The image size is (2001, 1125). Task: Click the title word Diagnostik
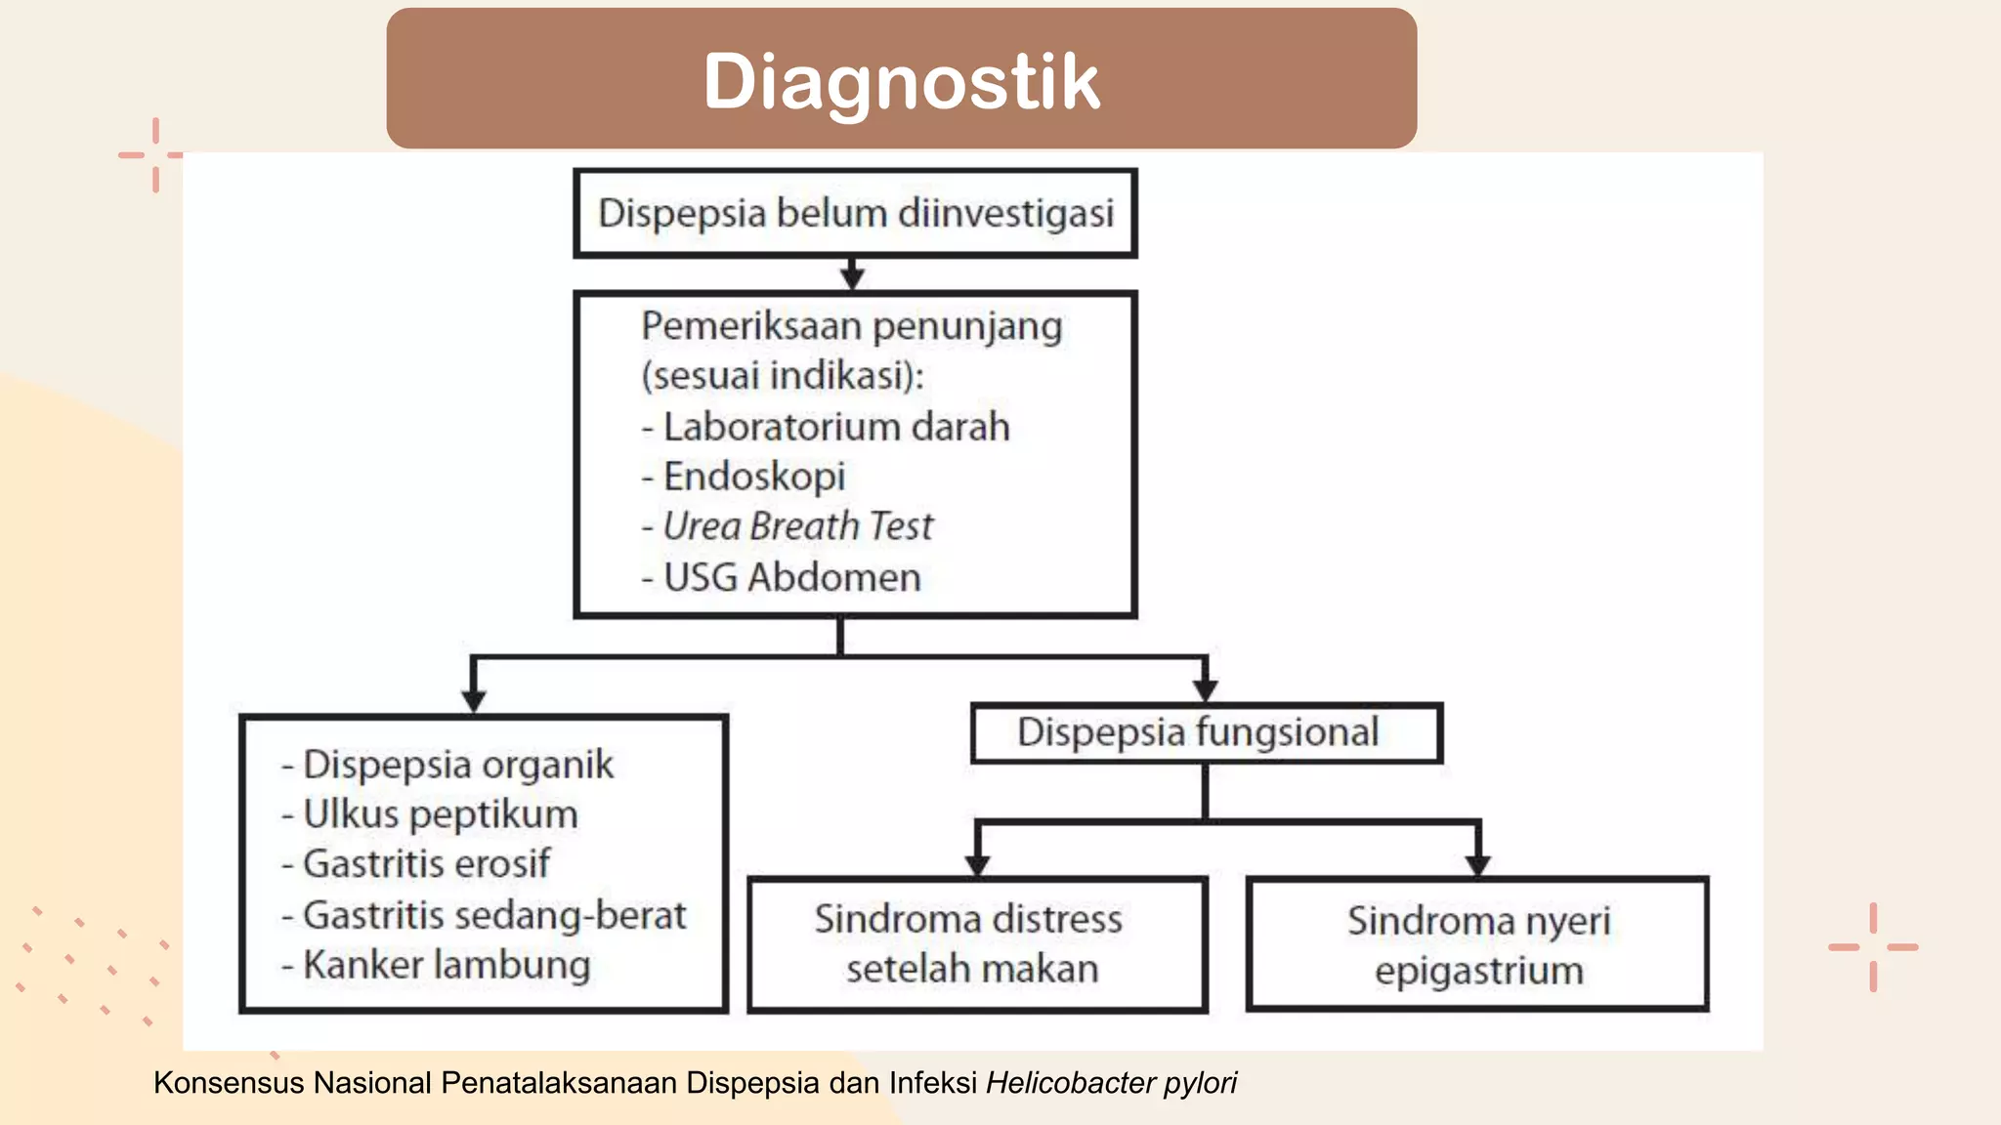(901, 81)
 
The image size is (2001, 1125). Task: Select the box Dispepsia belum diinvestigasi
(855, 213)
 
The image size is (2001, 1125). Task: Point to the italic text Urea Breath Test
(797, 526)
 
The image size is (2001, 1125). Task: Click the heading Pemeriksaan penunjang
(851, 326)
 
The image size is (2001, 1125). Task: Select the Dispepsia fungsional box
(1206, 732)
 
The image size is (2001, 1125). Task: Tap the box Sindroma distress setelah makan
(976, 943)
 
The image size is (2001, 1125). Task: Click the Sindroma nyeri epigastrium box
(1477, 944)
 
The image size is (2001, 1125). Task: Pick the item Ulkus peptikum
(440, 814)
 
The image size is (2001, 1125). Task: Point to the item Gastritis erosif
(426, 864)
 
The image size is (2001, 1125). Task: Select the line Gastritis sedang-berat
(493, 915)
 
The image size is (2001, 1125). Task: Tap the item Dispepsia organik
(457, 765)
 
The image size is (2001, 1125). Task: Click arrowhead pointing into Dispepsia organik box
(474, 701)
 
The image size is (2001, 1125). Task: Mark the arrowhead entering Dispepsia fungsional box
(1206, 690)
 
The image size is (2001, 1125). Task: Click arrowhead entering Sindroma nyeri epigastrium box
(1477, 865)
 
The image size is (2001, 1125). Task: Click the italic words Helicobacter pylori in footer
(1111, 1083)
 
